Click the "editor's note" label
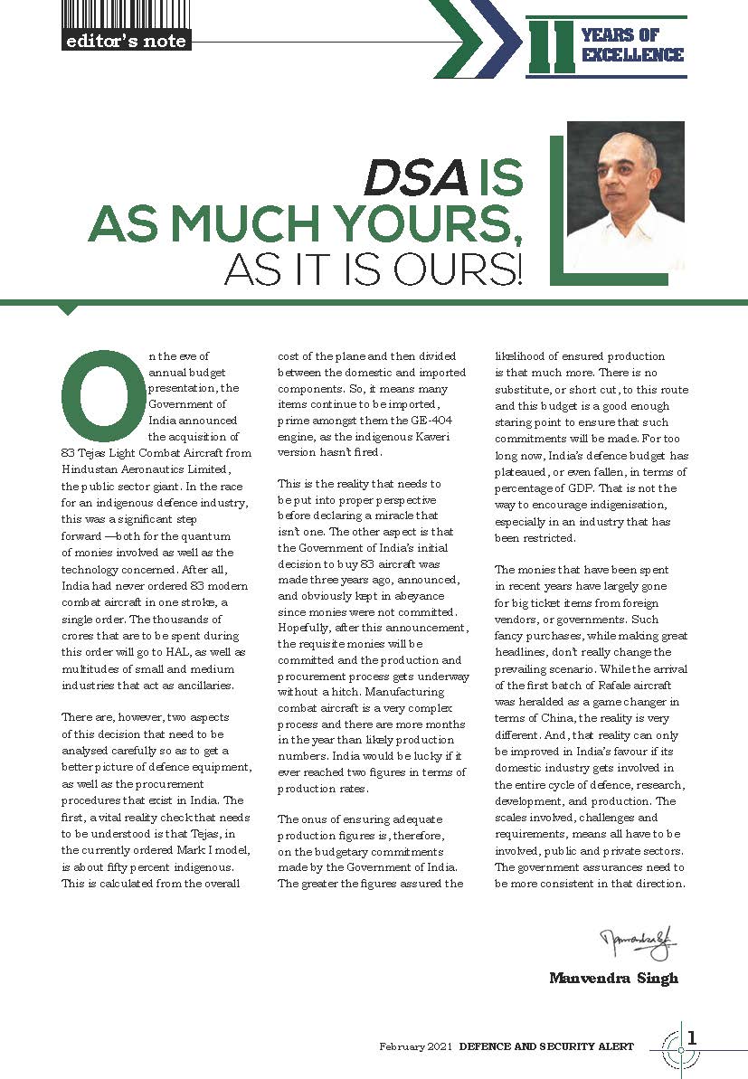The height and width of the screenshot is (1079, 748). click(127, 41)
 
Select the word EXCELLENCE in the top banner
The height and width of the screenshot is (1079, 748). click(633, 55)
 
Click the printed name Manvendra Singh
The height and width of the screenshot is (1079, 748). click(613, 978)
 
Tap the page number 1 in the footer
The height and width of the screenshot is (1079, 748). click(692, 1037)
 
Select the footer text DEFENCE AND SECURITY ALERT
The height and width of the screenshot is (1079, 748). click(546, 1046)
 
